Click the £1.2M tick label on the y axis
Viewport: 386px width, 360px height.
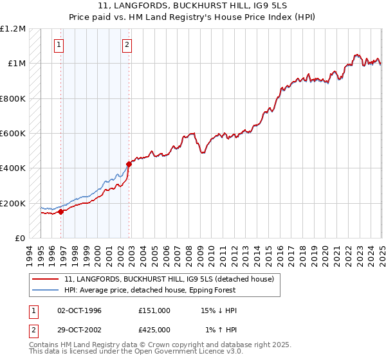coord(13,29)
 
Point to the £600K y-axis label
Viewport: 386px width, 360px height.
coord(13,134)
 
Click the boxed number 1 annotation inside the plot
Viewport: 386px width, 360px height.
coord(59,45)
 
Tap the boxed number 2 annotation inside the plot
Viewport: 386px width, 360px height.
coord(127,45)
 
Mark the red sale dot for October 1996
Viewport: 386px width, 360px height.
coord(61,212)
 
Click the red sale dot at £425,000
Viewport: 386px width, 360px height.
coord(129,164)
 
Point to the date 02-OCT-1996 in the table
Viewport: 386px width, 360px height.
coord(79,310)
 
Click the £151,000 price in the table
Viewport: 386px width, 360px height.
coord(154,310)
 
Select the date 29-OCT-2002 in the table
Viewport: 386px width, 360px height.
coord(79,329)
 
